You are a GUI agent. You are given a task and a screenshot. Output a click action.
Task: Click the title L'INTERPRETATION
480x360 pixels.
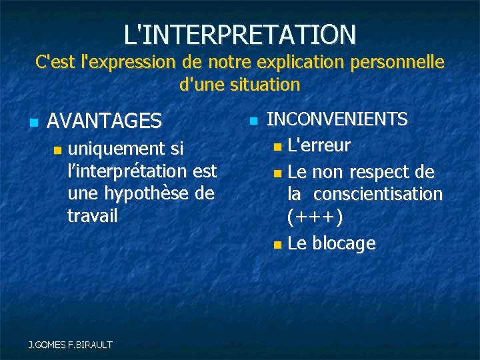pos(240,33)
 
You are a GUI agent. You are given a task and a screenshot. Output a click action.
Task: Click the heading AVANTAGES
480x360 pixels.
pos(105,121)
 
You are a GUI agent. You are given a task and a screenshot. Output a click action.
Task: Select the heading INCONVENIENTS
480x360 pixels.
pos(337,119)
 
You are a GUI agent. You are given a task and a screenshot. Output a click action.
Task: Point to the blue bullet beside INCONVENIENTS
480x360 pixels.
pos(253,121)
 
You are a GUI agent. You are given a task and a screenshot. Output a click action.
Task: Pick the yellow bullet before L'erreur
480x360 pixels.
pos(277,146)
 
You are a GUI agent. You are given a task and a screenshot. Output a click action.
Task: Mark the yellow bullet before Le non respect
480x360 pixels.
pos(277,173)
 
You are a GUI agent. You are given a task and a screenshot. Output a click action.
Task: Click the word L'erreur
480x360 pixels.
pos(319,145)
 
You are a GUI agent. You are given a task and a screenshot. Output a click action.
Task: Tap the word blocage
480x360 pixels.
pos(343,243)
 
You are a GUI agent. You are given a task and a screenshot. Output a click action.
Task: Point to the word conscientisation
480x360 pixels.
pos(378,194)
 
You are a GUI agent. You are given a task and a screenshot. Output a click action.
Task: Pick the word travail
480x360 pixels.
pos(93,215)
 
